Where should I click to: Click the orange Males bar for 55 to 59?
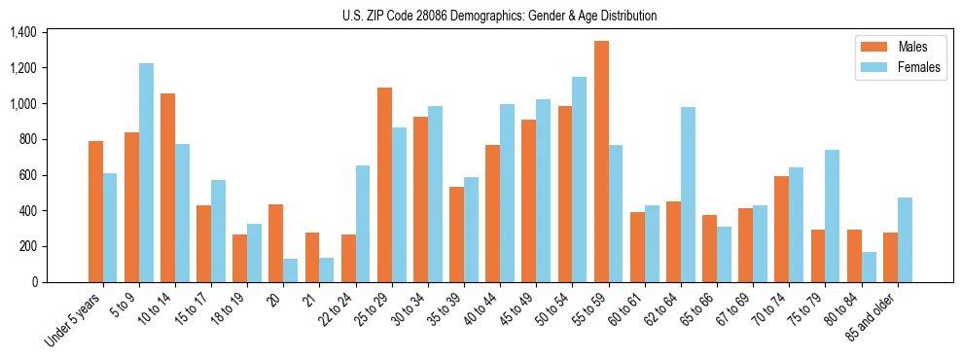coord(601,162)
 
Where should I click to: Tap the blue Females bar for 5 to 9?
coord(146,172)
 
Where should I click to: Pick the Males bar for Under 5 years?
coord(95,211)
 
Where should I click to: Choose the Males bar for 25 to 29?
coord(384,185)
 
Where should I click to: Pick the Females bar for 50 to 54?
coord(580,179)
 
